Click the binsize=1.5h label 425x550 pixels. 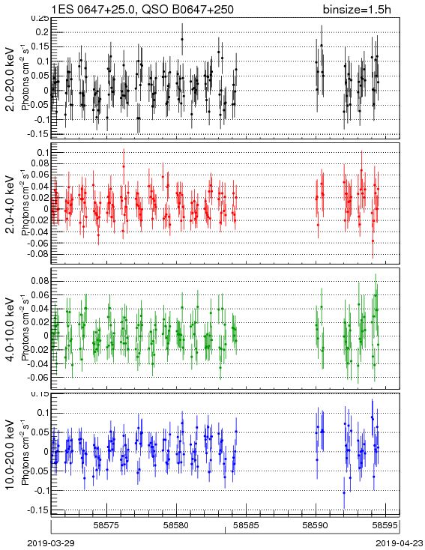pos(357,9)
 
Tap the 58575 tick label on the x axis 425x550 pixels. pos(107,525)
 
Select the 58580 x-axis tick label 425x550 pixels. pos(177,525)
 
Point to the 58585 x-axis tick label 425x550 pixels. pos(247,525)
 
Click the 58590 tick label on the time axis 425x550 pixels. pos(316,525)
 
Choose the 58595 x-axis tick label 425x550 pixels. pos(385,525)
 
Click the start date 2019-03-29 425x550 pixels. pos(51,543)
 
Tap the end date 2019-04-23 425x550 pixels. pos(400,543)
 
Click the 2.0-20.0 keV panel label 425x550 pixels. pos(10,79)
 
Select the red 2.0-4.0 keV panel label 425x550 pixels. pos(10,205)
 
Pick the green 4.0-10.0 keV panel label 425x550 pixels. pos(10,330)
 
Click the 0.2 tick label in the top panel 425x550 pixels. pos(42,32)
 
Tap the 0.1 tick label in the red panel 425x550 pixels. pos(42,152)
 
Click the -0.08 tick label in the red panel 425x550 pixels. pos(39,254)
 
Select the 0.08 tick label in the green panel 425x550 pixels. pos(40,281)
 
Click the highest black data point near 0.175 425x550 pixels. pos(182,39)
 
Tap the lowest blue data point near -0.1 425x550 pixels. pos(344,493)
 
